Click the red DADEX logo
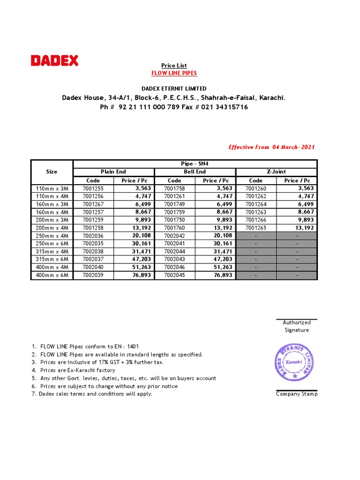tap(54, 60)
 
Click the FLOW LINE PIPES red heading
tap(174, 73)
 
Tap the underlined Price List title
tap(174, 66)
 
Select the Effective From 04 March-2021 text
tap(271, 147)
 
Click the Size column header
tap(52, 172)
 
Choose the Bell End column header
tap(195, 172)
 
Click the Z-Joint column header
tap(276, 172)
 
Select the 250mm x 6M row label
tap(52, 244)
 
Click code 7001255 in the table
tap(93, 188)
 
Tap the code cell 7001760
tap(174, 228)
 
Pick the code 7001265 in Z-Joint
tap(256, 228)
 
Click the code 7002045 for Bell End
tap(174, 275)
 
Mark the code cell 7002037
tap(93, 259)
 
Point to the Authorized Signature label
tap(297, 326)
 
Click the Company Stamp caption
tap(297, 394)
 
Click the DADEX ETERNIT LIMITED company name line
tap(174, 89)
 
